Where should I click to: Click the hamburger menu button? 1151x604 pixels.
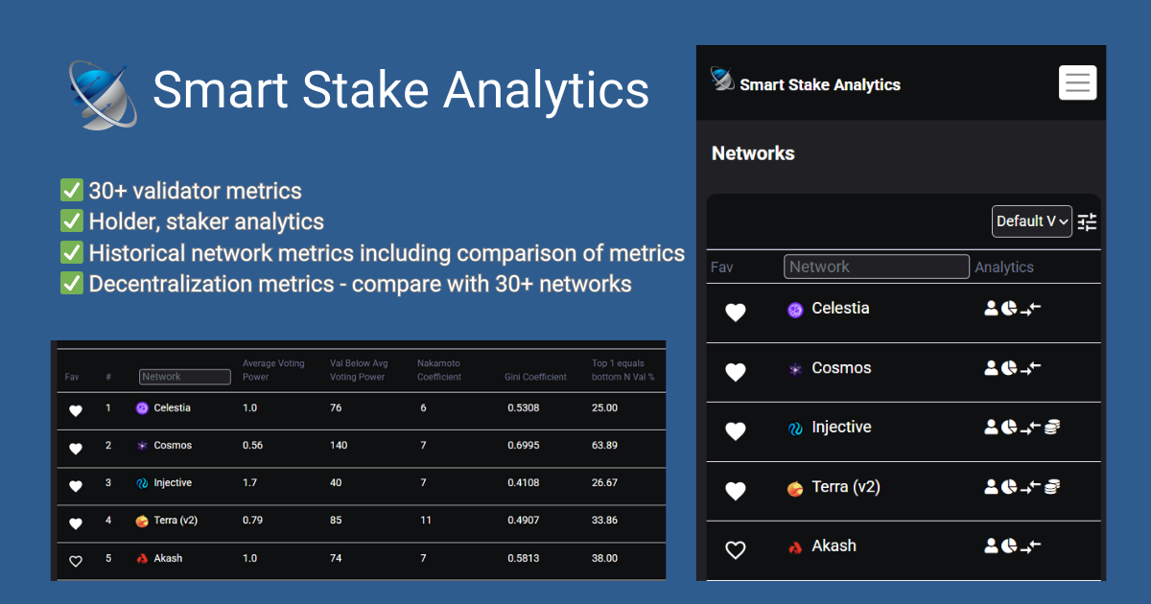tap(1077, 82)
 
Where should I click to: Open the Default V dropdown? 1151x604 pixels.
tap(1031, 221)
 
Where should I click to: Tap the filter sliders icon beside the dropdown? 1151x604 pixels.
tap(1087, 222)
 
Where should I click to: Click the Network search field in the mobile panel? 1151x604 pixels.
tap(876, 267)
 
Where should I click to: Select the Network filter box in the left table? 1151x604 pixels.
tap(184, 377)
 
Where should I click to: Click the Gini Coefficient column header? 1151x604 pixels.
tap(535, 377)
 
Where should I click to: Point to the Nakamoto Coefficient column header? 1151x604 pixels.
tap(439, 370)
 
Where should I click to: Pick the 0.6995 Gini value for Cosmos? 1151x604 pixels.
tap(523, 446)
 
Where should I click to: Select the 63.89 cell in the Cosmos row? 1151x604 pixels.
tap(604, 446)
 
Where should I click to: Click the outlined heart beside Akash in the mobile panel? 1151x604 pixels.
tap(735, 550)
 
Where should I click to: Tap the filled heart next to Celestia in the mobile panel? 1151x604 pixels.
tap(735, 313)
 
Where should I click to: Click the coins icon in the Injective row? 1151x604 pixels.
tap(1052, 428)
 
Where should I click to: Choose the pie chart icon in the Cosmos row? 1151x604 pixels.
tap(1009, 368)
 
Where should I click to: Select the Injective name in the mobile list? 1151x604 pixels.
tap(841, 428)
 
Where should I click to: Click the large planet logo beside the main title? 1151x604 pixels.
tap(103, 94)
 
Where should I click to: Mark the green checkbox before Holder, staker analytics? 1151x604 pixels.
tap(71, 221)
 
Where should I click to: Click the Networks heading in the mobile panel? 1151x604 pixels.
tap(753, 153)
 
